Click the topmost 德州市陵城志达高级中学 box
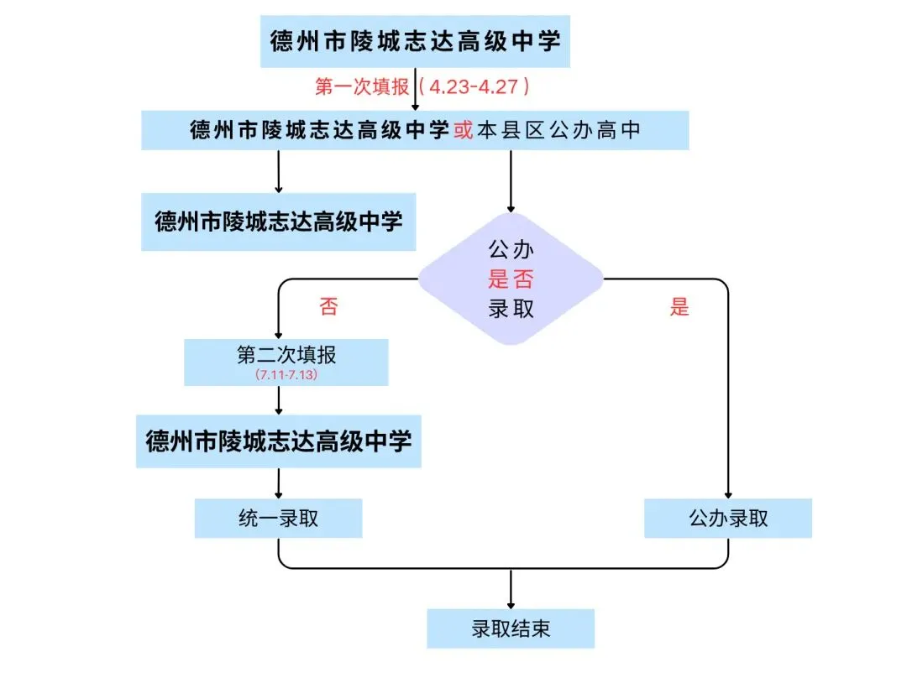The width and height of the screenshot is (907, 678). (415, 40)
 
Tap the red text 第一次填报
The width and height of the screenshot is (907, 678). (361, 86)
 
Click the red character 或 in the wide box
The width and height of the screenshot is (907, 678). (464, 131)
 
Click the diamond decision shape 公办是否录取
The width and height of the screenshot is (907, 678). (511, 278)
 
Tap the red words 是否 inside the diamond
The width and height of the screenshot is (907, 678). (511, 279)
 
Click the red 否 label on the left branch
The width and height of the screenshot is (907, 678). (328, 306)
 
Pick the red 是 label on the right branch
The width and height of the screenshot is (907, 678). (679, 306)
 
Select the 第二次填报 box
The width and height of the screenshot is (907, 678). (286, 362)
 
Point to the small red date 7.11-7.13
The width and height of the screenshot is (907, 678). (286, 375)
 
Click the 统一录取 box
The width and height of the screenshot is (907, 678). (278, 519)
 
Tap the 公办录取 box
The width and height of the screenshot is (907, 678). (728, 519)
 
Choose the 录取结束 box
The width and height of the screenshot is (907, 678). (511, 628)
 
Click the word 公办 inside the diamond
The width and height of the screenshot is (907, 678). (511, 249)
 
